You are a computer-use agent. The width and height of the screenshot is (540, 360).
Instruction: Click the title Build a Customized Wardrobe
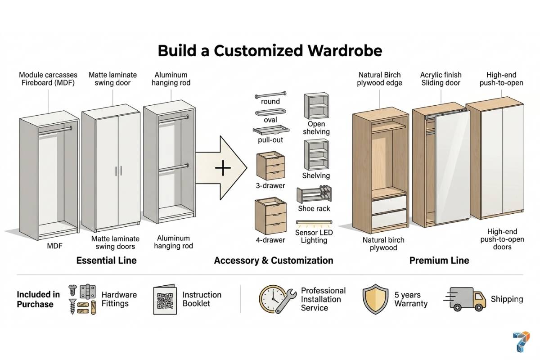tap(270, 50)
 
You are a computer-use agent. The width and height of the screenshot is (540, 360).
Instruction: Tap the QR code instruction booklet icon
tap(165, 299)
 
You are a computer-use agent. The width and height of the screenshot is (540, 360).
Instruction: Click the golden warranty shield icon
tap(375, 299)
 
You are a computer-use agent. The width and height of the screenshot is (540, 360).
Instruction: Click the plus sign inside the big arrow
tap(223, 169)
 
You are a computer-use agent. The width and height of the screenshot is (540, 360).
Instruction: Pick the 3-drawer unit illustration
tap(270, 166)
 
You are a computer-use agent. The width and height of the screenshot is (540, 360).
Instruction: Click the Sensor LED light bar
tap(314, 222)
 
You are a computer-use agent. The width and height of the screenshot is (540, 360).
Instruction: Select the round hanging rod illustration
tap(270, 96)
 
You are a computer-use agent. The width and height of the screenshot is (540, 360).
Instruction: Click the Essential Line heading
tap(106, 261)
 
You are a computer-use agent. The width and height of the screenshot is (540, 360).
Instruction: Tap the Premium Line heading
tap(439, 261)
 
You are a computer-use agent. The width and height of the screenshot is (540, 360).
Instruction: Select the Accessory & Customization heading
tap(274, 261)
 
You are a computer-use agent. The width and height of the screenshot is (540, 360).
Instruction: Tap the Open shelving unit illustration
tap(316, 106)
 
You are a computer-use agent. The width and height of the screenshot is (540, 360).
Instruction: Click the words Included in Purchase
tap(38, 299)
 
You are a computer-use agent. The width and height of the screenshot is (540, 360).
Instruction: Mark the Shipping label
tap(507, 299)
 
